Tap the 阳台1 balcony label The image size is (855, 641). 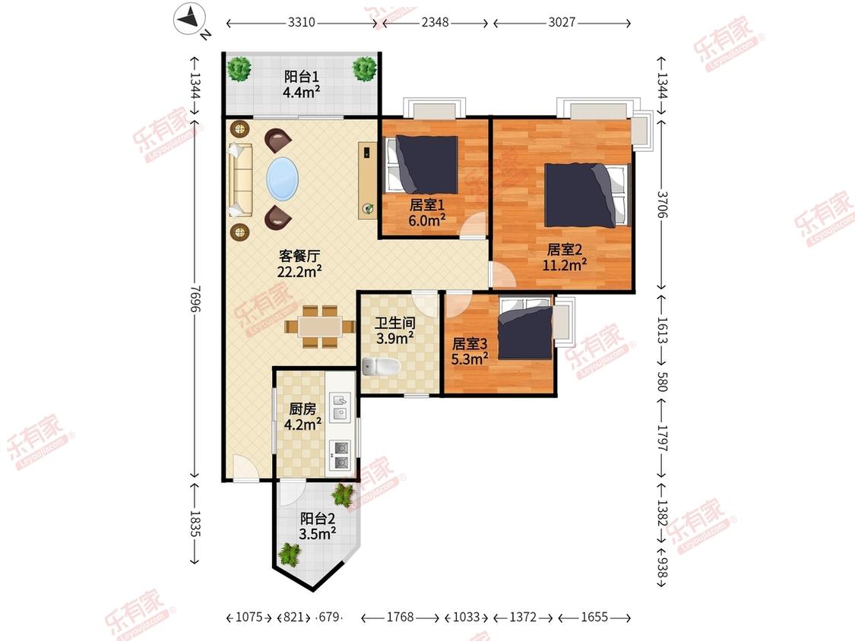click(302, 77)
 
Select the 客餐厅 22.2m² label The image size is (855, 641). click(299, 264)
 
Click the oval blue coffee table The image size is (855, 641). click(283, 178)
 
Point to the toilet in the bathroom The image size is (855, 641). click(382, 366)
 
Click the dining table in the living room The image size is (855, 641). click(320, 327)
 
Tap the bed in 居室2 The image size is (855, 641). click(587, 195)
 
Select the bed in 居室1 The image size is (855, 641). click(422, 164)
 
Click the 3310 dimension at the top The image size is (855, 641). click(302, 22)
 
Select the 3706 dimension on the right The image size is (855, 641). click(662, 204)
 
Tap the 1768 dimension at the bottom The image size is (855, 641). click(401, 617)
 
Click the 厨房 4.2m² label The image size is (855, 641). click(302, 416)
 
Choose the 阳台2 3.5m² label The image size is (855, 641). click(318, 526)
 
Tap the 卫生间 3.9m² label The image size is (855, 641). click(394, 330)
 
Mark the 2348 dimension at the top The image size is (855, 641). click(435, 22)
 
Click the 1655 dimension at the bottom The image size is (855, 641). click(594, 617)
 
